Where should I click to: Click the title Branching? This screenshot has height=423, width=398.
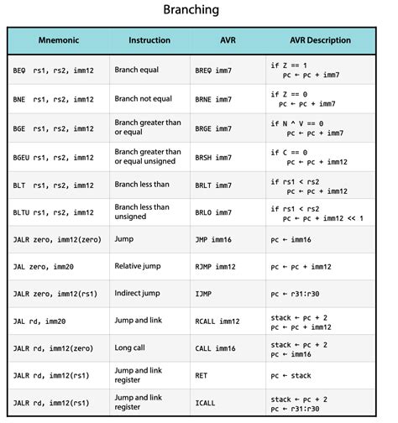[198, 11]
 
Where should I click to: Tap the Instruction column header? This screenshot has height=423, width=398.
[149, 40]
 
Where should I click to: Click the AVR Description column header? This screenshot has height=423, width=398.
[326, 40]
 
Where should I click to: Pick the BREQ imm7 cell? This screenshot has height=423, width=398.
[212, 70]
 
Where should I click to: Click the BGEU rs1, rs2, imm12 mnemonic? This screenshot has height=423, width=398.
[54, 158]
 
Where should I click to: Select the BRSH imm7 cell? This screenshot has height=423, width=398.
[212, 158]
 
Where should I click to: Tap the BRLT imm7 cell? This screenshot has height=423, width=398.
[212, 186]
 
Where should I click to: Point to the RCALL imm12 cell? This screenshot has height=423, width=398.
[216, 321]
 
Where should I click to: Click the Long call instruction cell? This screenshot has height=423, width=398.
[135, 347]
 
